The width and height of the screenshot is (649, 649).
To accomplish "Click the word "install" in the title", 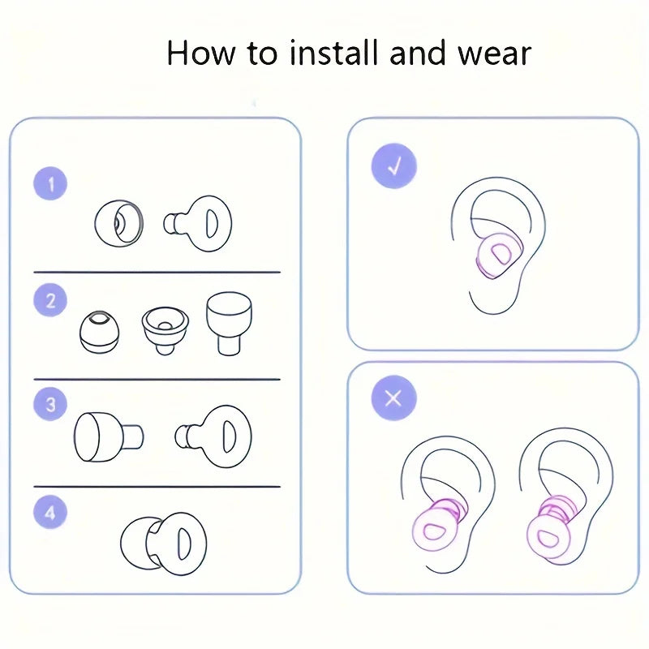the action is pyautogui.click(x=334, y=53).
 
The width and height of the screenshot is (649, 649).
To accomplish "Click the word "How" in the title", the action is pyautogui.click(x=201, y=53).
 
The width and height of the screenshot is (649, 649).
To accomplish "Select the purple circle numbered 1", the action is pyautogui.click(x=50, y=183).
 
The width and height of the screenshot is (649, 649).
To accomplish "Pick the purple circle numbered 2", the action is pyautogui.click(x=50, y=300).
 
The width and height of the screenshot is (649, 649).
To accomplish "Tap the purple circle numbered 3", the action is pyautogui.click(x=50, y=403).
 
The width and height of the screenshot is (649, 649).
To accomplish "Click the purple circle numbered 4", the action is pyautogui.click(x=50, y=513).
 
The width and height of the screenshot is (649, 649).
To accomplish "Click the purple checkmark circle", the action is pyautogui.click(x=393, y=166).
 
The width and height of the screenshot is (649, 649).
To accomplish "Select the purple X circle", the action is pyautogui.click(x=393, y=398).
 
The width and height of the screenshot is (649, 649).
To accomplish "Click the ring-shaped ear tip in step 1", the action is pyautogui.click(x=118, y=224).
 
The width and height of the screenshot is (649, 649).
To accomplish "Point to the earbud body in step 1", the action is pyautogui.click(x=197, y=224).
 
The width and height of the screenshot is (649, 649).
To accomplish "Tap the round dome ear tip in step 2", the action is pyautogui.click(x=99, y=333).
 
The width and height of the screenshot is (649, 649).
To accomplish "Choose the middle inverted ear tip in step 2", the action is pyautogui.click(x=165, y=330).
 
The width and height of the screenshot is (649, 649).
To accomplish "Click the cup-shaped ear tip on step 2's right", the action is pyautogui.click(x=229, y=323).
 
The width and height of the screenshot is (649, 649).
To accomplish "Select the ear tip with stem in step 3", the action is pyautogui.click(x=109, y=436).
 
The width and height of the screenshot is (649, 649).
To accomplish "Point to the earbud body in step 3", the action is pyautogui.click(x=213, y=436).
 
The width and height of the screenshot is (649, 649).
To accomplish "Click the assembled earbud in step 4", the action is pyautogui.click(x=164, y=544).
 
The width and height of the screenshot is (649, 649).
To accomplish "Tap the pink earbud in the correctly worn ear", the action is pyautogui.click(x=499, y=255).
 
